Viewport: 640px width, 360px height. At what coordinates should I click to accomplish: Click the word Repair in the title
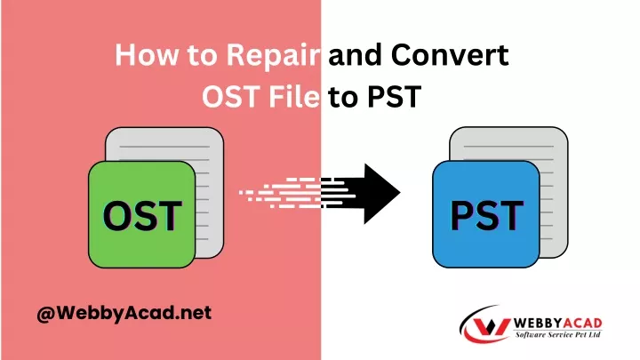point(273,55)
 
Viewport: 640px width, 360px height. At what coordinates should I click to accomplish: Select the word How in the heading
point(146,54)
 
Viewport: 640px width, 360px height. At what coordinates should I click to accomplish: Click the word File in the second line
point(294,97)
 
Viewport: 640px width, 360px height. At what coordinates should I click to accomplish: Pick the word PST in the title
point(394,97)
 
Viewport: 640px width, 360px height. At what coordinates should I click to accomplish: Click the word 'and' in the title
point(355,54)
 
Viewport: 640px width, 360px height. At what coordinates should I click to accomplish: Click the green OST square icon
point(141,215)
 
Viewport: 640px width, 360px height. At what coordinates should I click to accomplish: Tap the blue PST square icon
point(486,215)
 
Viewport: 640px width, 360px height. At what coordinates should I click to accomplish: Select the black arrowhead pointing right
point(381,194)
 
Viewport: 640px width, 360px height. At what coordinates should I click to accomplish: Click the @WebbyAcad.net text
point(124,313)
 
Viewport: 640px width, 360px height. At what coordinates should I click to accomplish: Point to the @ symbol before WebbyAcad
point(45,314)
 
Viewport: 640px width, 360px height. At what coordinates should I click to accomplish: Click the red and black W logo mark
point(486,325)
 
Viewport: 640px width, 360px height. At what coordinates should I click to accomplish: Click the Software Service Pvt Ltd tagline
point(558,335)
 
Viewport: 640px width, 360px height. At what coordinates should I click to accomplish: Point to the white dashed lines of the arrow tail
point(282,193)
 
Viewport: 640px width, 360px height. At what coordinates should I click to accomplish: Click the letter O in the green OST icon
point(117,215)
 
